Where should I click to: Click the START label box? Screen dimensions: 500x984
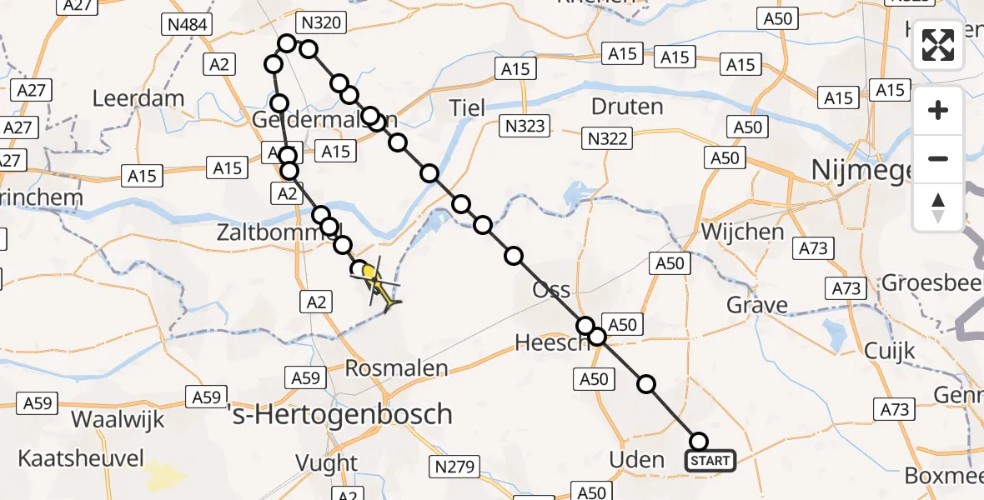[x=710, y=461]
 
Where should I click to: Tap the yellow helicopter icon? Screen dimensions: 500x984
[x=377, y=282]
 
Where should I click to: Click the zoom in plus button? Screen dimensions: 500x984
[x=938, y=110]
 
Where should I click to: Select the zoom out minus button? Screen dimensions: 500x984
[x=938, y=158]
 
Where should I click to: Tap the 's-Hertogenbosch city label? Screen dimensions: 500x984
[x=351, y=414]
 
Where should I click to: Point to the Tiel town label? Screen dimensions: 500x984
[x=467, y=107]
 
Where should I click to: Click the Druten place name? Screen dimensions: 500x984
[x=627, y=107]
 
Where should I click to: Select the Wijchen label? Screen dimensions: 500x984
[x=743, y=231]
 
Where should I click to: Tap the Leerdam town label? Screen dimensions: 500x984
[x=138, y=98]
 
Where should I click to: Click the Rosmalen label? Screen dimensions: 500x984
[x=398, y=367]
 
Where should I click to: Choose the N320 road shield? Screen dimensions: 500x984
[x=321, y=22]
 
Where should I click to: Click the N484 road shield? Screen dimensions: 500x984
[x=187, y=25]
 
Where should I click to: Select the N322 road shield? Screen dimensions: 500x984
[x=607, y=138]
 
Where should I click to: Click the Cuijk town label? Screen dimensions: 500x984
[x=890, y=350]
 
